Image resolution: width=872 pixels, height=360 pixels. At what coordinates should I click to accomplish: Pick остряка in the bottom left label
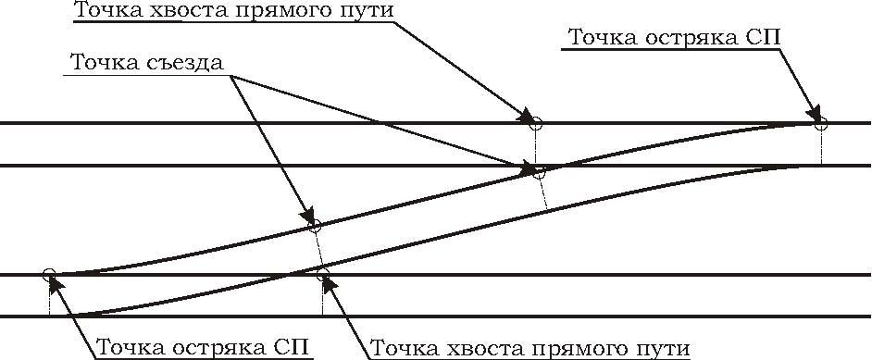click(213, 348)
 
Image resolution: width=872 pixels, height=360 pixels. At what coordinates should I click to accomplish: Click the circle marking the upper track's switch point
click(820, 124)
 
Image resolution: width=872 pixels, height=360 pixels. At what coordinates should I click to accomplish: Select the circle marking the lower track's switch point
click(49, 273)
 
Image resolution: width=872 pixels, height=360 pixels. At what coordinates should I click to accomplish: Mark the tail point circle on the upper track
click(535, 123)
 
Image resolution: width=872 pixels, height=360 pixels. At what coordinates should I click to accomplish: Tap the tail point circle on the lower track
click(322, 274)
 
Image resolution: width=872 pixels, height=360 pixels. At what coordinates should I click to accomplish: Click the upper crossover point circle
click(538, 173)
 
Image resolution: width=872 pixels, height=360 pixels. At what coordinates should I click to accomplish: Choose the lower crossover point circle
click(315, 226)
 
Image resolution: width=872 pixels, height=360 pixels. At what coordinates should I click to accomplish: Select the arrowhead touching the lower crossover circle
click(307, 216)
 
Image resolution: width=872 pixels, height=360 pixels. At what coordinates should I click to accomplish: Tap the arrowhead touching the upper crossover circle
click(525, 168)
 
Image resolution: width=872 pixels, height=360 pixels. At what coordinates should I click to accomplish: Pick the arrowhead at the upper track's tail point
click(526, 116)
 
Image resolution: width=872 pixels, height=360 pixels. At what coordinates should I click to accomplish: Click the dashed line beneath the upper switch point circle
click(821, 147)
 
